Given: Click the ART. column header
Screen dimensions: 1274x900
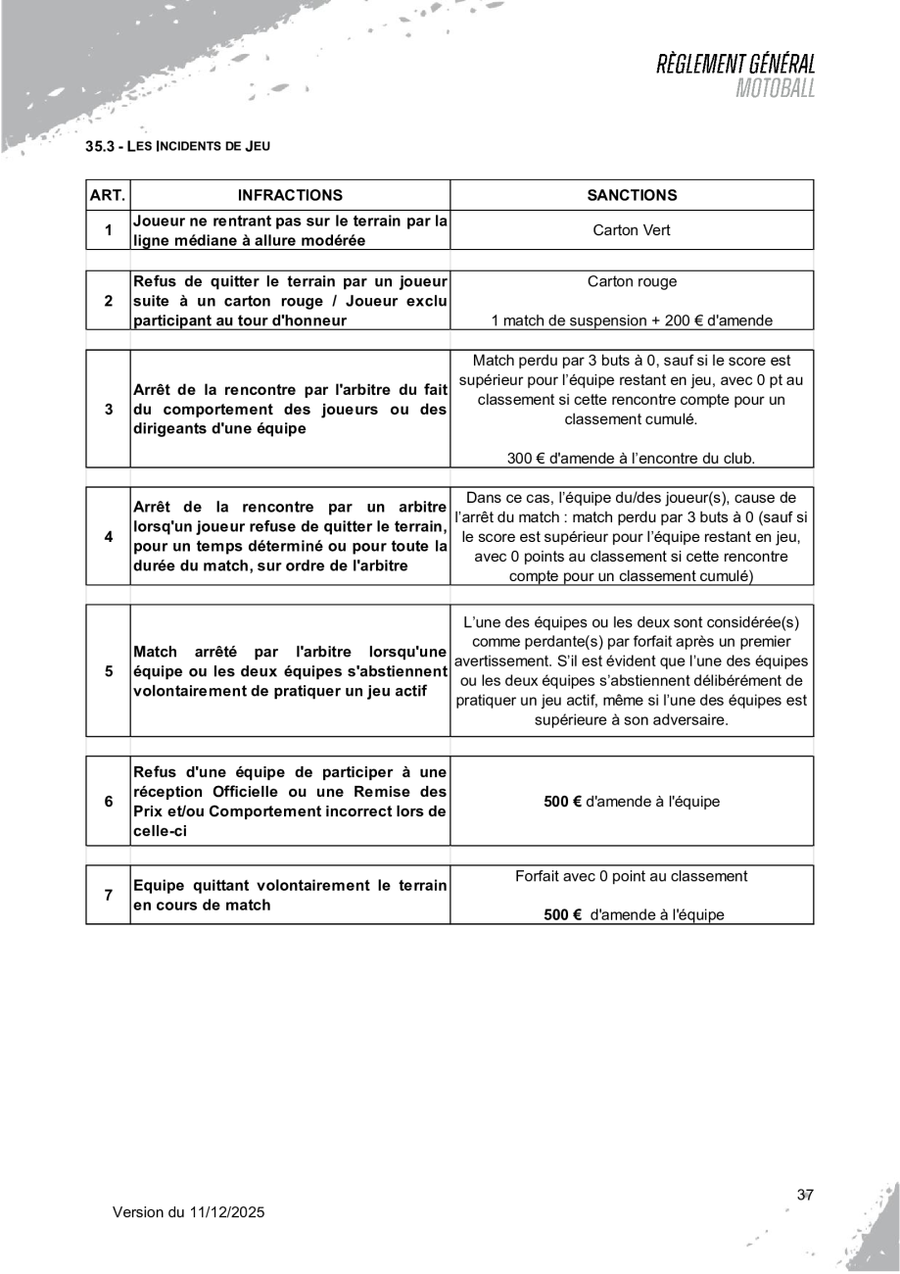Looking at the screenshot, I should (x=108, y=195).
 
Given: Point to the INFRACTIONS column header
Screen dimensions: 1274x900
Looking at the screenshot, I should (x=290, y=195).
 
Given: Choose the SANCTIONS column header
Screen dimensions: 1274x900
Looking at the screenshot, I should (x=632, y=195).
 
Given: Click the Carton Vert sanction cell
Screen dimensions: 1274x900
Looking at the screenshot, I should (x=632, y=231).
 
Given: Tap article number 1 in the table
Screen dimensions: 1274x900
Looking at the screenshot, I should (x=108, y=231).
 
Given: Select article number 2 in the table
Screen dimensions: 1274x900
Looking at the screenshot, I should (x=108, y=300).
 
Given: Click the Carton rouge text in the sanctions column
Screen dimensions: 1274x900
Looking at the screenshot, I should (x=632, y=283).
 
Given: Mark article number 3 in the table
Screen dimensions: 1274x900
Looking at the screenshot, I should (x=108, y=407).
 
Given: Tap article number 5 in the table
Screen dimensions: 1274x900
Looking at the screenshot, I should (x=108, y=671).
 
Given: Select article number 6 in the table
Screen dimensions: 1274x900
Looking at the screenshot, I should (x=108, y=800).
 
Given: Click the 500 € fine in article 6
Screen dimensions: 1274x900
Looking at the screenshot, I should (x=562, y=801).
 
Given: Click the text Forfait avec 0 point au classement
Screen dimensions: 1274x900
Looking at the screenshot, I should (x=632, y=877).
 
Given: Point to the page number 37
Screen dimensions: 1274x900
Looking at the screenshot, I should (x=806, y=1195).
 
